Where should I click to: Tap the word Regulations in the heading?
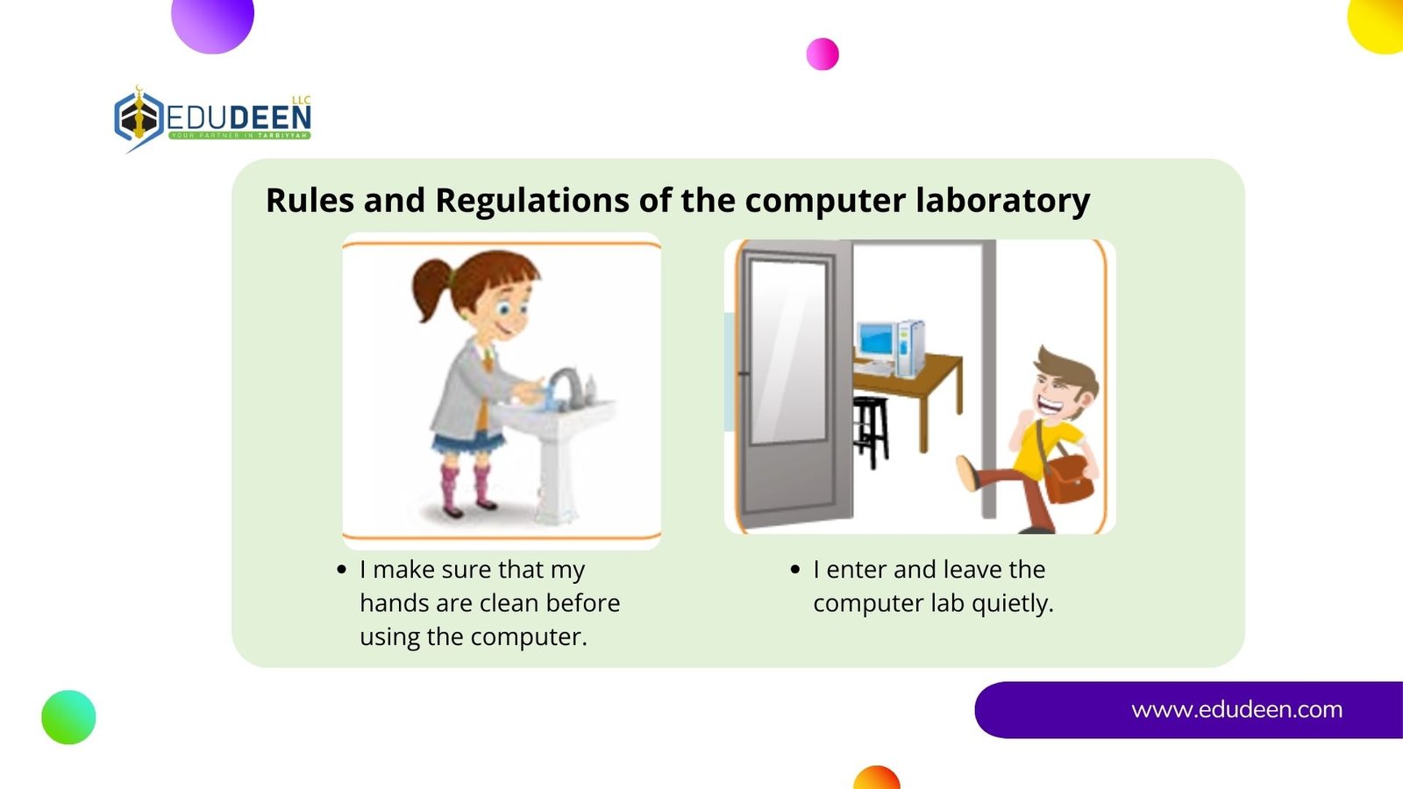click(x=532, y=201)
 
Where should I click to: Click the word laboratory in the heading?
click(x=1003, y=201)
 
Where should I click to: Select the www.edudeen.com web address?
click(x=1236, y=709)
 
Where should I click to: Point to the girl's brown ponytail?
click(x=432, y=288)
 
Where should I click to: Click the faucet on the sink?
click(x=566, y=385)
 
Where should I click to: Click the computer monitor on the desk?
click(x=876, y=341)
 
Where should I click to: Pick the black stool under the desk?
click(x=871, y=432)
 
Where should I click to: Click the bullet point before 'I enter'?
click(x=795, y=570)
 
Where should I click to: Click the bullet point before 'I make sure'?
click(x=341, y=570)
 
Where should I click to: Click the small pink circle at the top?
click(x=823, y=53)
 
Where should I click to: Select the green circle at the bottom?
click(x=69, y=718)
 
